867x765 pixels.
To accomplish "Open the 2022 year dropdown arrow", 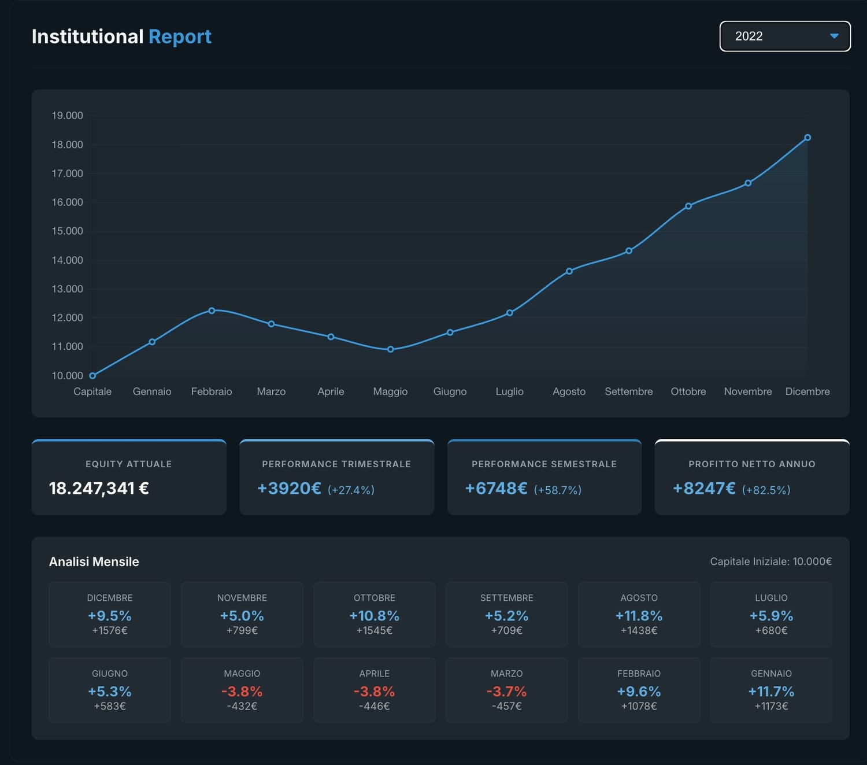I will click(834, 36).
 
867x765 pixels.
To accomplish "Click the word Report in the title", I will click(180, 36).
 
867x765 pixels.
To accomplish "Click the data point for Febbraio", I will click(212, 311).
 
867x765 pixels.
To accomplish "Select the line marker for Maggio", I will click(390, 349).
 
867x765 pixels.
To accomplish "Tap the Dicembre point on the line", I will click(807, 138).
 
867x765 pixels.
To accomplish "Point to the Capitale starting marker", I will click(92, 376).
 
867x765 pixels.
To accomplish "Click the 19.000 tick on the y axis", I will click(67, 116).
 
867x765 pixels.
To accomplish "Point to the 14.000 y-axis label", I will click(67, 260).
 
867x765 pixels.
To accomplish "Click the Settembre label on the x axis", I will click(628, 391).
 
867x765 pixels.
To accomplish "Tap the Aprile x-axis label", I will click(331, 391).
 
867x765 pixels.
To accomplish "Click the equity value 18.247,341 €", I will click(99, 489).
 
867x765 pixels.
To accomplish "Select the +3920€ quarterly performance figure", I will click(289, 489).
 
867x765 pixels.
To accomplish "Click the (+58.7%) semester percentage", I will click(557, 490).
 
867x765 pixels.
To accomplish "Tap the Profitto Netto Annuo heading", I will click(751, 464).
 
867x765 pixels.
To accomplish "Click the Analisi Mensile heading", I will click(94, 561).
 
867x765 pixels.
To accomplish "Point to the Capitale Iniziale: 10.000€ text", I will click(770, 561).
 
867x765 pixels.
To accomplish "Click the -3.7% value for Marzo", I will click(506, 692).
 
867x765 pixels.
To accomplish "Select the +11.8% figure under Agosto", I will click(639, 616).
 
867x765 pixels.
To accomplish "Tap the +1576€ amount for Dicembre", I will click(110, 630).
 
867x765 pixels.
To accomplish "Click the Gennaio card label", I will click(771, 674).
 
